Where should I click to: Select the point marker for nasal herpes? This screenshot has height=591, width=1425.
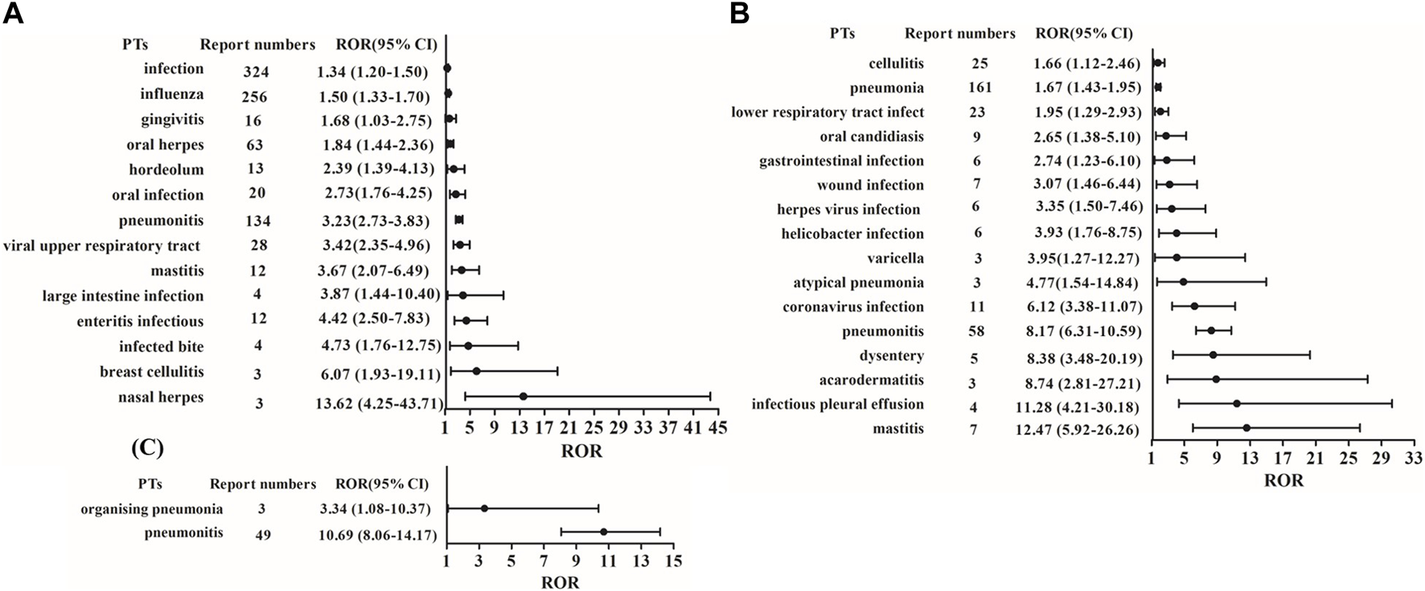tap(524, 396)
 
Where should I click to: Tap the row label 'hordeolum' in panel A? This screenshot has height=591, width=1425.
tap(166, 170)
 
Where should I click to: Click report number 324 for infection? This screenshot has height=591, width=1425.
tap(256, 72)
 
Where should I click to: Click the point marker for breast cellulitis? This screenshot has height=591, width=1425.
tap(476, 371)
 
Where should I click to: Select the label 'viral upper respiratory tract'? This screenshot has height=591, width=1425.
tap(101, 245)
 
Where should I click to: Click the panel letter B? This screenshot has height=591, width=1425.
tap(739, 14)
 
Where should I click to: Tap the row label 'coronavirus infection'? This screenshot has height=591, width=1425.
tap(853, 306)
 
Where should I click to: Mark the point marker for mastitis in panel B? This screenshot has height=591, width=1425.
tap(1246, 428)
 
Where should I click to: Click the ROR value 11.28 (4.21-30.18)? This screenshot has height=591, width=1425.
tap(1078, 405)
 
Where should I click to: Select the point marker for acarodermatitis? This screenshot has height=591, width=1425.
tap(1216, 379)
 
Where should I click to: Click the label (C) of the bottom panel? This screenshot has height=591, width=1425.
tap(147, 448)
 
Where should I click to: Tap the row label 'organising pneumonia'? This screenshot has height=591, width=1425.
tap(152, 509)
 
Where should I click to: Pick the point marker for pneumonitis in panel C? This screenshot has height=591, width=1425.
tap(603, 531)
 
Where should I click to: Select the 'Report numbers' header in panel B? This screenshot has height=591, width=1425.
tap(959, 34)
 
